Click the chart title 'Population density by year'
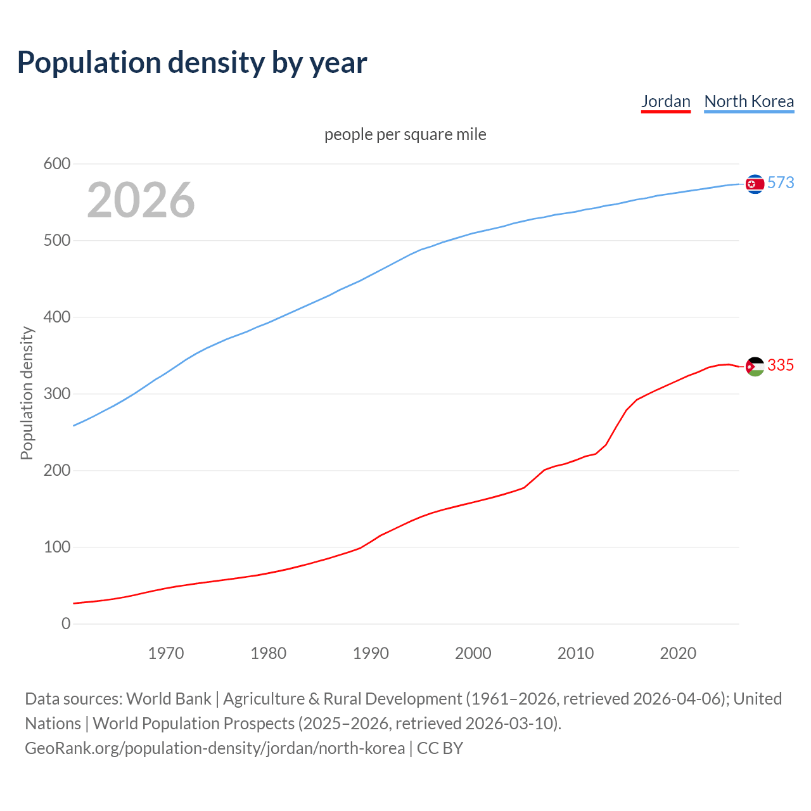pyautogui.click(x=192, y=62)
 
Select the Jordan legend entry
pyautogui.click(x=665, y=101)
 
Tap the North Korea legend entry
pyautogui.click(x=749, y=101)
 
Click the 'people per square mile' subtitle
pyautogui.click(x=405, y=134)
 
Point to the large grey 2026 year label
pyautogui.click(x=141, y=200)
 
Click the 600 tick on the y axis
pyautogui.click(x=57, y=164)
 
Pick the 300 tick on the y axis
pyautogui.click(x=57, y=394)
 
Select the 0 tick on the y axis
pyautogui.click(x=66, y=623)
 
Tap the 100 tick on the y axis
pyautogui.click(x=57, y=547)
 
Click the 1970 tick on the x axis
pyautogui.click(x=166, y=653)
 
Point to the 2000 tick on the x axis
pyautogui.click(x=473, y=653)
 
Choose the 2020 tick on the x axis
pyautogui.click(x=678, y=653)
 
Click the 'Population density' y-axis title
pyautogui.click(x=27, y=393)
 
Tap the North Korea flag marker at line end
pyautogui.click(x=755, y=184)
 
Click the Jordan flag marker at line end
pyautogui.click(x=755, y=366)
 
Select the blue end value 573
pyautogui.click(x=781, y=182)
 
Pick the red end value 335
pyautogui.click(x=781, y=365)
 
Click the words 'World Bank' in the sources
pyautogui.click(x=169, y=699)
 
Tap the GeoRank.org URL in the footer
pyautogui.click(x=215, y=748)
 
